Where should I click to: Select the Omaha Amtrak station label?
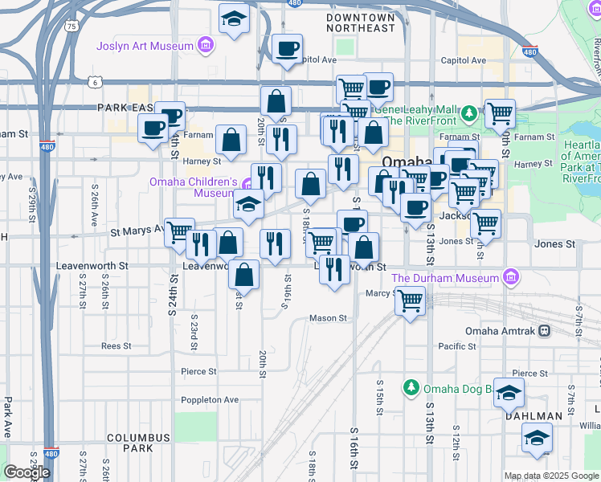tap(501, 331)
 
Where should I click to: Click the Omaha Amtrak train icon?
tap(545, 331)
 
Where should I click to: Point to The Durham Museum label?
tap(445, 278)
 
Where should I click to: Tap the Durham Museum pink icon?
tap(509, 278)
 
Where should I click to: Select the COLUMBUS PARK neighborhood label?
tap(139, 438)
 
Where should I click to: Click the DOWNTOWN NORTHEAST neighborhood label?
tap(361, 22)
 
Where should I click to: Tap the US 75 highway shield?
tap(72, 27)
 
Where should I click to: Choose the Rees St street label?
tap(116, 346)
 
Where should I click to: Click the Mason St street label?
tap(328, 318)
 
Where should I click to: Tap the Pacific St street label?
tap(458, 346)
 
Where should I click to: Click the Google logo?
tap(27, 472)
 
